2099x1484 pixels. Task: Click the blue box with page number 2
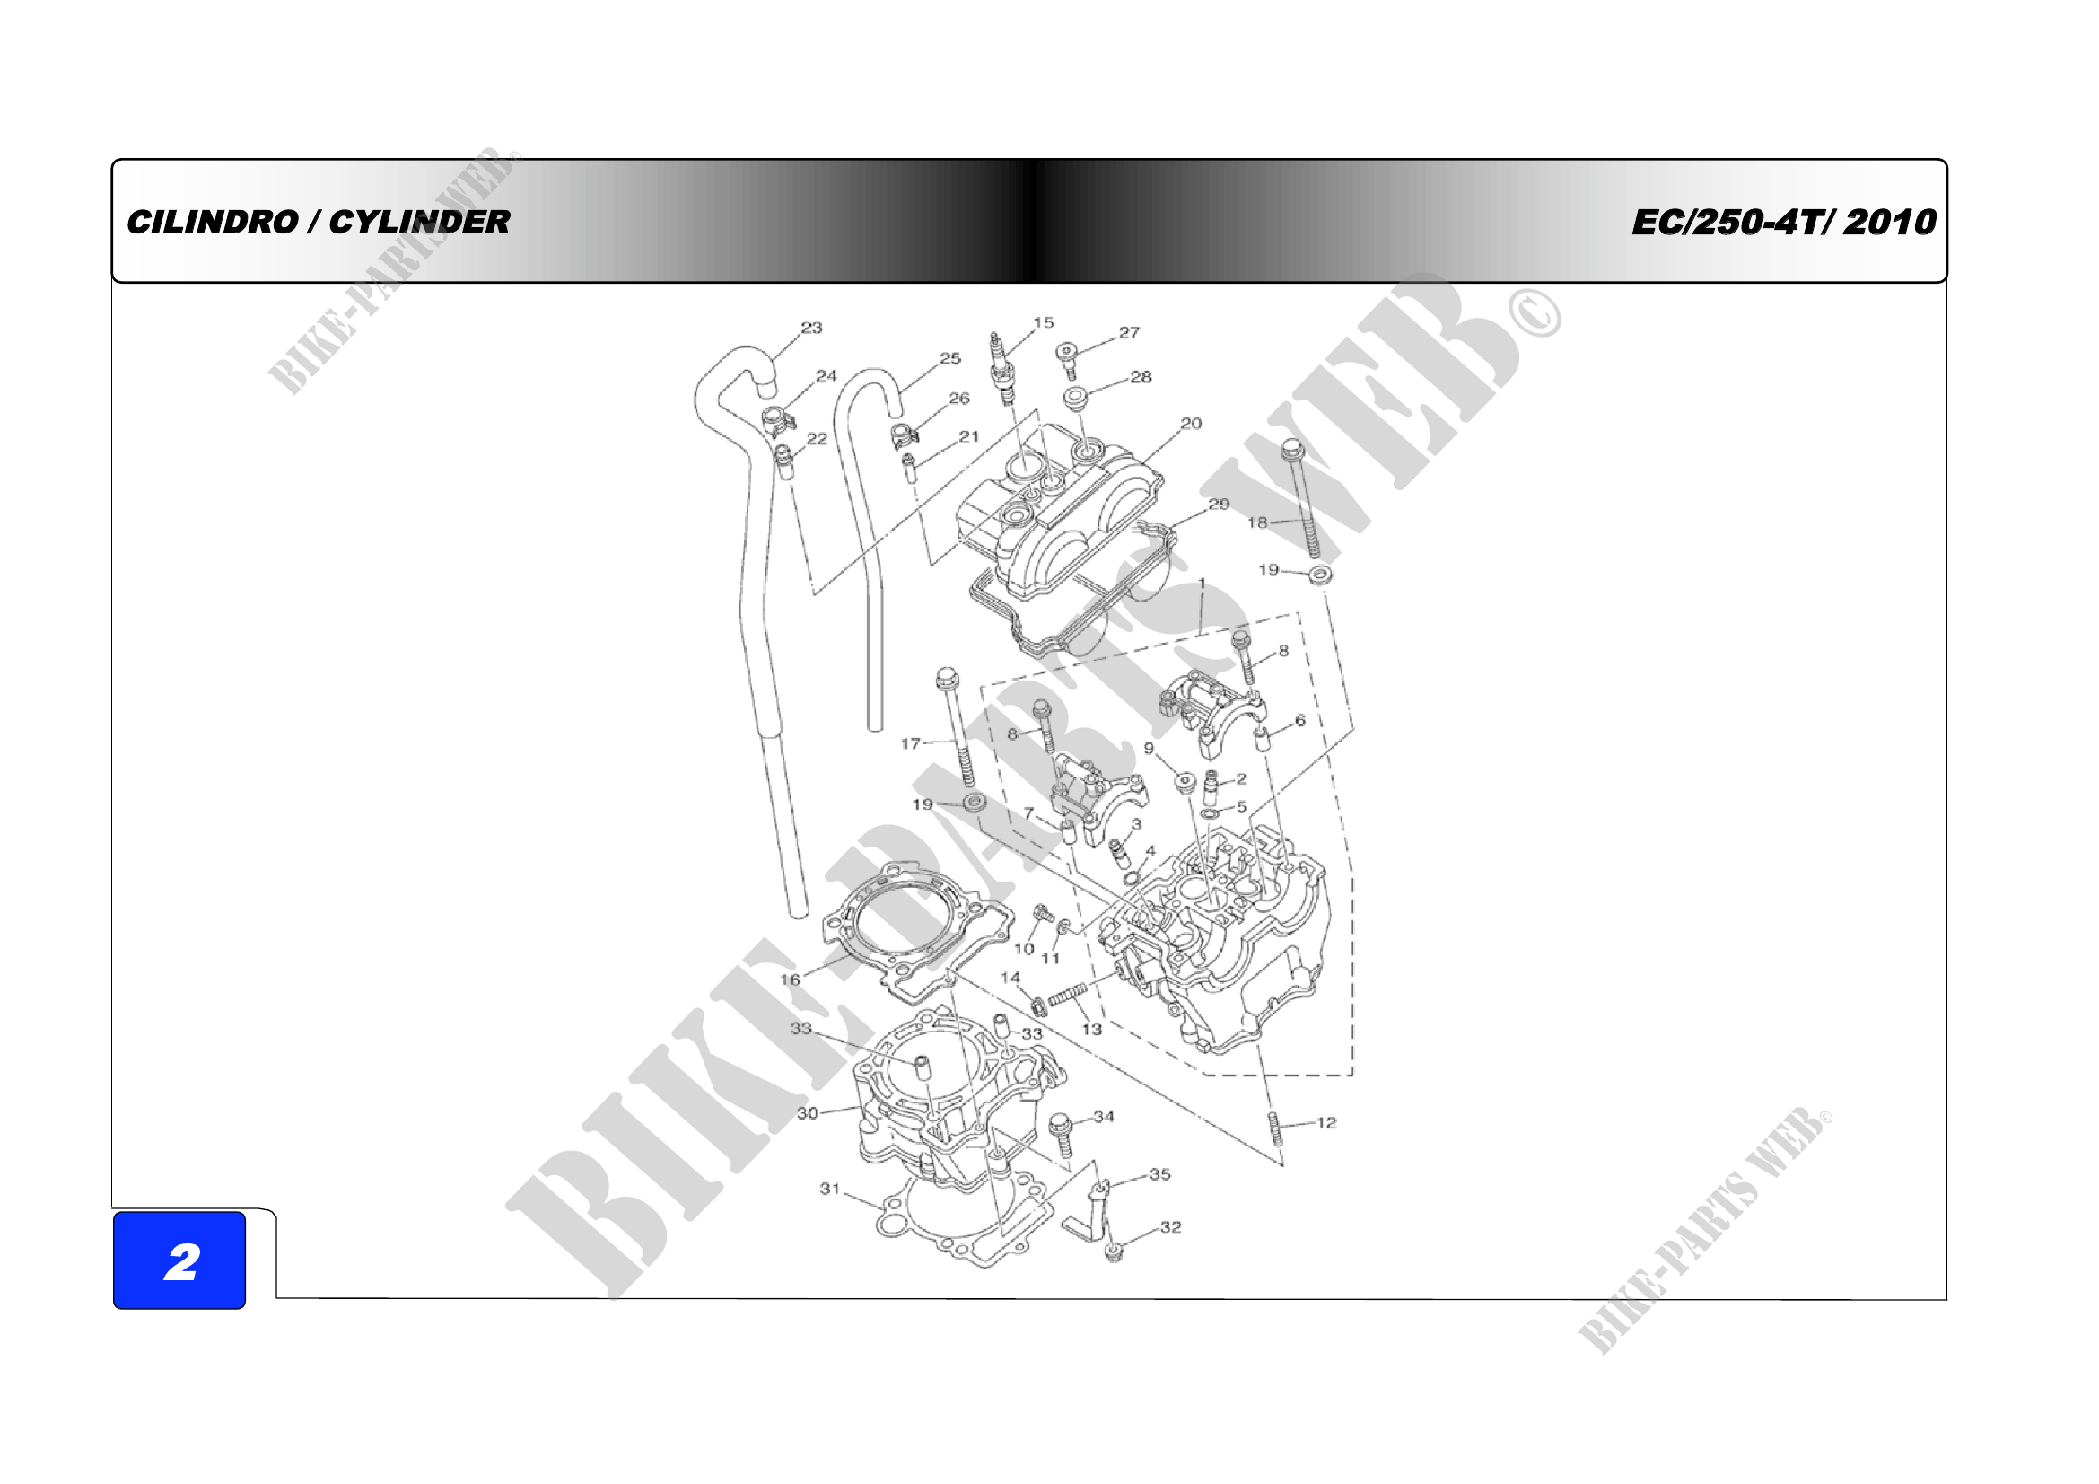179,1260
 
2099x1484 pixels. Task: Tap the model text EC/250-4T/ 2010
1784,222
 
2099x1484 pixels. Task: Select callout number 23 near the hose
812,328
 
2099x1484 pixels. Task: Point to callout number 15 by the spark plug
1044,323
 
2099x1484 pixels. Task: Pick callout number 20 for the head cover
1191,424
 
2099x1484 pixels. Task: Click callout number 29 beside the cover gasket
1219,504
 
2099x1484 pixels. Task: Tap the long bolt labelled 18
1303,499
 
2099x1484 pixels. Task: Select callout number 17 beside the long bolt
911,743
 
